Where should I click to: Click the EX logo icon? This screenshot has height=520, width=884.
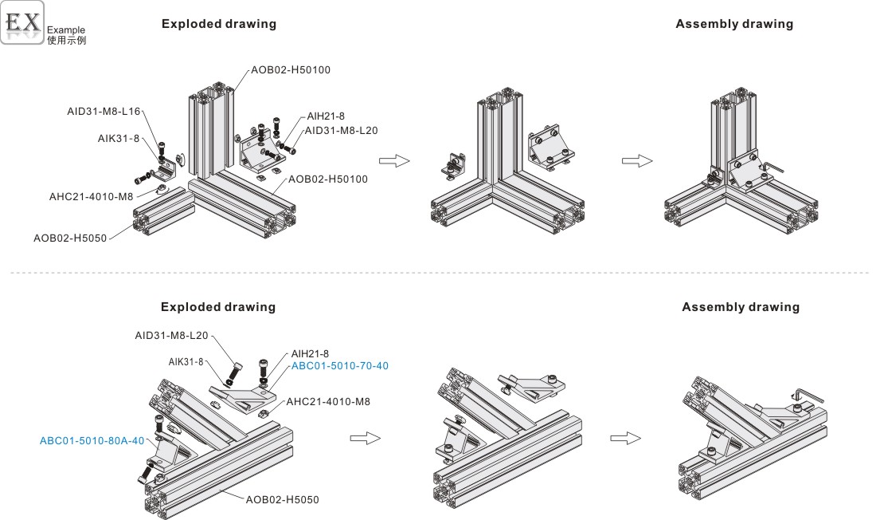(x=22, y=22)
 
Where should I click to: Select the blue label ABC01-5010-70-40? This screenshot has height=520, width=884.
(x=340, y=365)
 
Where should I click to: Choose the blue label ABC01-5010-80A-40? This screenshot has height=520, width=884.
(x=92, y=439)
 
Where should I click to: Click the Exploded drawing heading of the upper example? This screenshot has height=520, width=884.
(x=219, y=24)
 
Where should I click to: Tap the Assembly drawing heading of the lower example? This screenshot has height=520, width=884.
(x=741, y=307)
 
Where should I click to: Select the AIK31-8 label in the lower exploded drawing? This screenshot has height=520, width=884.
(x=186, y=361)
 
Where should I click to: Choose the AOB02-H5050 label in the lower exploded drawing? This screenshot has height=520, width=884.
(x=282, y=500)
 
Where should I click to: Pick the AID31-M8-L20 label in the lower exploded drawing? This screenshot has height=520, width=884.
(x=171, y=336)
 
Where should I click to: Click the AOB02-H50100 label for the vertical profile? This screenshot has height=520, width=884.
(x=291, y=69)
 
